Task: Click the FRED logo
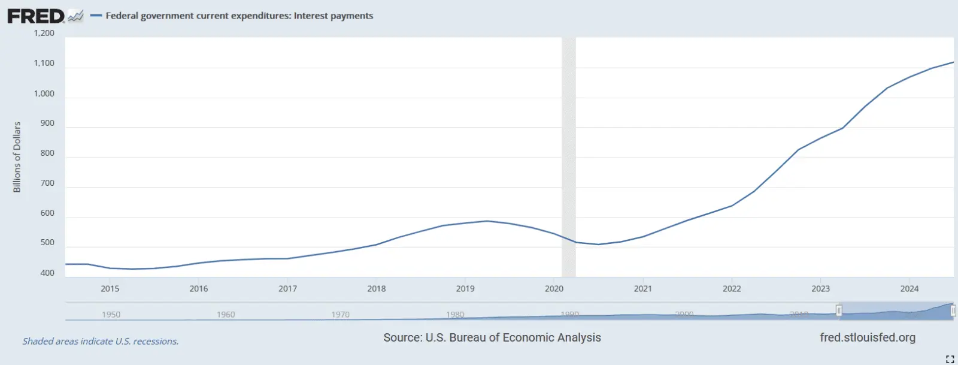[36, 16]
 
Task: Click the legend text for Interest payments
[239, 16]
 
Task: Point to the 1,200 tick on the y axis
[44, 33]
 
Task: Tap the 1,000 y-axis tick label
[44, 93]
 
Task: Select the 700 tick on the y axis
[47, 183]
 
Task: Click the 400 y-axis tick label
[47, 273]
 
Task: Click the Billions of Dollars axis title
[17, 157]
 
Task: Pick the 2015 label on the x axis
[110, 288]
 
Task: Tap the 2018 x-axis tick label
[376, 288]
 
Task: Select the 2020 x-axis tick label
[554, 288]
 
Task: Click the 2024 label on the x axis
[909, 288]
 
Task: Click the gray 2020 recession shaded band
[568, 156]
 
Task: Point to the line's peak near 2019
[487, 221]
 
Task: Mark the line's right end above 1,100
[953, 62]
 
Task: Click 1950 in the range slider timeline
[111, 314]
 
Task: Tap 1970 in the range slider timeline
[340, 314]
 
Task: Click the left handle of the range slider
[839, 310]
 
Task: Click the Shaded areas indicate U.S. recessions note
[101, 341]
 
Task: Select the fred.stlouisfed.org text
[867, 337]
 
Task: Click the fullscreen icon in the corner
[950, 359]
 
